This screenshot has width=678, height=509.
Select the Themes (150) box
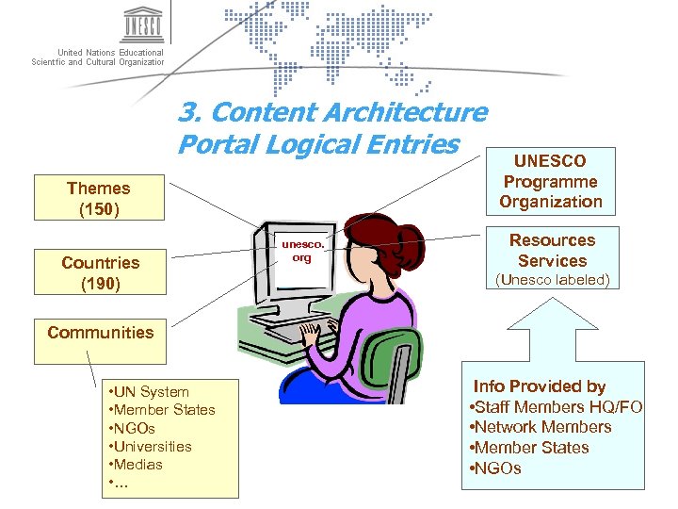coord(98,197)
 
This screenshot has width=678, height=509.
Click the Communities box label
coord(100,332)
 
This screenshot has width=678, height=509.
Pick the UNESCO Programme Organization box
coord(551,181)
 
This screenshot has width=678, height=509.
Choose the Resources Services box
coord(553,251)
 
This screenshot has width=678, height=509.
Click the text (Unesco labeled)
coord(553,280)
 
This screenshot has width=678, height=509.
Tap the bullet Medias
coord(137,465)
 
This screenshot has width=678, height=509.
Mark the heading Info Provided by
coord(540,386)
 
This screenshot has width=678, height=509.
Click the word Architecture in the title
coord(406,113)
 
